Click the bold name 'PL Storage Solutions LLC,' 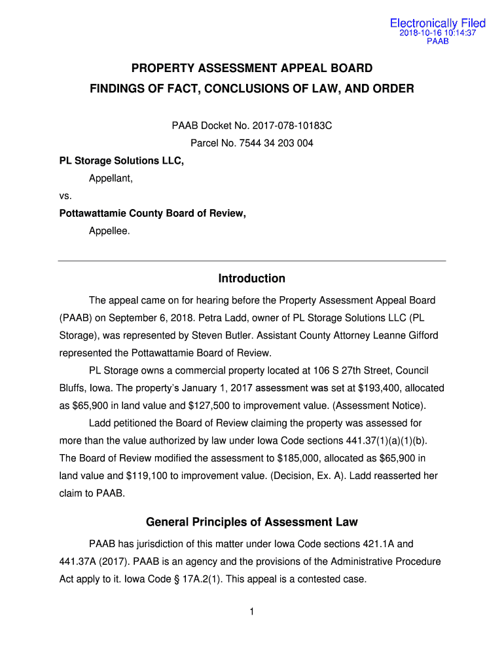(122, 161)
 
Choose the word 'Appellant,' (111, 178)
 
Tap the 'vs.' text (65, 195)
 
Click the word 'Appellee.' (109, 231)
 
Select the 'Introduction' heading (252, 278)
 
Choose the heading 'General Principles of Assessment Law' (252, 522)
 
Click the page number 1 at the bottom (252, 612)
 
